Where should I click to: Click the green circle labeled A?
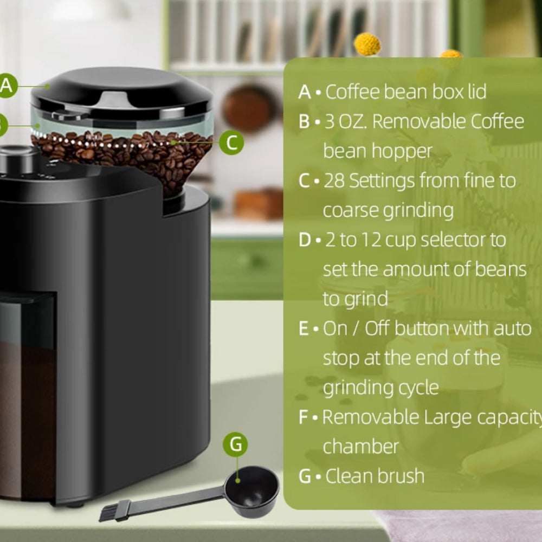[x=7, y=86]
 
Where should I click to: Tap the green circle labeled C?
[x=231, y=143]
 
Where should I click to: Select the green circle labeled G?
[x=235, y=444]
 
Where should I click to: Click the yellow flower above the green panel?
[x=367, y=44]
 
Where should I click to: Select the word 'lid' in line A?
[x=477, y=92]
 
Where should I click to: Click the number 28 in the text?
[x=334, y=181]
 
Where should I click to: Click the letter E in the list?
[x=303, y=328]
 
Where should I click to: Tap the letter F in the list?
[x=303, y=417]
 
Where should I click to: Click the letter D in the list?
[x=305, y=240]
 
